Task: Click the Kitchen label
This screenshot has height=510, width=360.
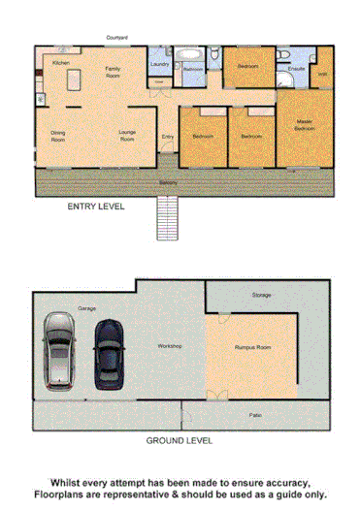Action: point(60,62)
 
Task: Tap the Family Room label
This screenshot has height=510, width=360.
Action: point(113,72)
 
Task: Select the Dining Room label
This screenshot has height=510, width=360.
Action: point(58,137)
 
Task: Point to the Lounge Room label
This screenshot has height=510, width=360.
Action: point(126,137)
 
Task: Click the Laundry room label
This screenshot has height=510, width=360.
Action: point(160,65)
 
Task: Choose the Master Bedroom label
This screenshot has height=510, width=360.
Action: point(305,124)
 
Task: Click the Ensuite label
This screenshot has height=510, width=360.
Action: point(297,69)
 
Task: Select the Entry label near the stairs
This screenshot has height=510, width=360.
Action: point(167,137)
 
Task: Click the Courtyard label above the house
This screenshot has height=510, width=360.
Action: point(117,38)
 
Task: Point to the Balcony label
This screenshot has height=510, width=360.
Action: point(168,182)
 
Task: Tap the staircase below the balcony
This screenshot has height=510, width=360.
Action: point(168,219)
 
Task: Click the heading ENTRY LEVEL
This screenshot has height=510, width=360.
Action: point(95,207)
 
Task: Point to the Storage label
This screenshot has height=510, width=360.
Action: point(261,294)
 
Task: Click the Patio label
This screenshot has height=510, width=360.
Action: point(254,414)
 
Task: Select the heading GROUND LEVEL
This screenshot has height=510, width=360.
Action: point(180,439)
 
